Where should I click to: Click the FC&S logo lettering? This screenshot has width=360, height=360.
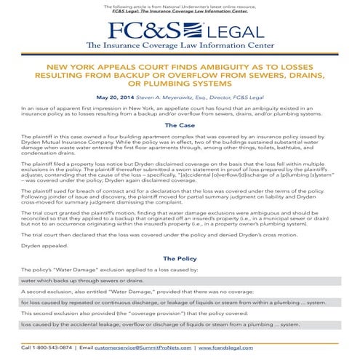(145, 30)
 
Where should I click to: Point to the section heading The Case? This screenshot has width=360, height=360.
(180, 125)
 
